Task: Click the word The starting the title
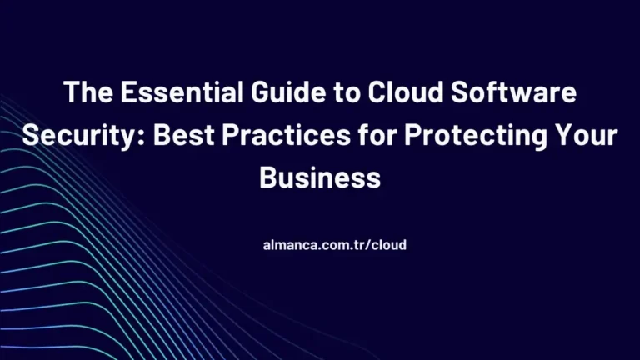[86, 93]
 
